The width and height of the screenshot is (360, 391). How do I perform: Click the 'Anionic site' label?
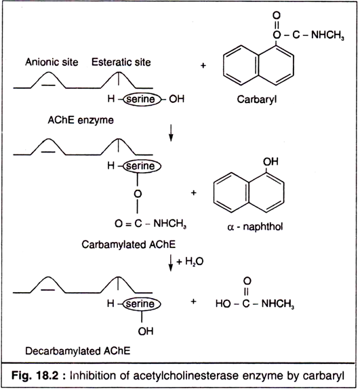click(x=52, y=62)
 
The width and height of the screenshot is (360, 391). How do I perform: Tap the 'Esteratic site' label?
click(x=121, y=62)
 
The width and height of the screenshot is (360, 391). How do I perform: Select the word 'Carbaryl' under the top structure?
click(x=257, y=100)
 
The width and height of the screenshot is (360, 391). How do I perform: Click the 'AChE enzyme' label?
click(x=81, y=120)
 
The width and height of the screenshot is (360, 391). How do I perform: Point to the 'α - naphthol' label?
click(x=255, y=227)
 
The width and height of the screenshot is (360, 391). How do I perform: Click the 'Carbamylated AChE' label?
click(x=129, y=245)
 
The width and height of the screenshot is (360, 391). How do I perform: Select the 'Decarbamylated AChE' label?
click(x=77, y=351)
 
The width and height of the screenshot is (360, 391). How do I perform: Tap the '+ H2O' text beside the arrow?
click(x=190, y=262)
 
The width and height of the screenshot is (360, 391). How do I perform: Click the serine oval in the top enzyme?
click(x=142, y=99)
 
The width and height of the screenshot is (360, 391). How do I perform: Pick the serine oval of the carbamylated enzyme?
click(x=142, y=166)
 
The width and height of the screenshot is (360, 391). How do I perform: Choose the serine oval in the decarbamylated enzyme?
click(x=142, y=304)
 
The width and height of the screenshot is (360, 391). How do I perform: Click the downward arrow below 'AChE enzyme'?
click(x=171, y=133)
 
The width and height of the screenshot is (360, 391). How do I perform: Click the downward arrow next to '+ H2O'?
click(x=171, y=262)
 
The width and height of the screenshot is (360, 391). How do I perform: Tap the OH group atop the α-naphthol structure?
click(x=271, y=161)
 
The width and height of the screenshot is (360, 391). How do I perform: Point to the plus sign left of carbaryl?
click(x=203, y=66)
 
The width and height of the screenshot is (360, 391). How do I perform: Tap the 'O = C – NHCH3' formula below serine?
click(x=151, y=224)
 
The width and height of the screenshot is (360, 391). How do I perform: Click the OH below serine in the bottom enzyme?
click(x=146, y=331)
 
